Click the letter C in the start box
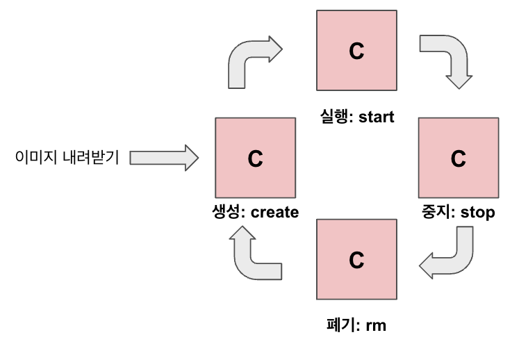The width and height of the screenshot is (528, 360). (x=356, y=51)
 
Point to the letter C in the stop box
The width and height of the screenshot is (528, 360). (x=459, y=158)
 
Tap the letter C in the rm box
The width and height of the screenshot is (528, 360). (x=356, y=259)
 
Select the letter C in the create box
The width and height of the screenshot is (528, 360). (x=255, y=158)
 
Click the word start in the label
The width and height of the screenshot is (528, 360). (x=376, y=117)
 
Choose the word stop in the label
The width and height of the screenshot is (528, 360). (x=478, y=212)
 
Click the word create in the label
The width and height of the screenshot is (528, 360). (x=274, y=212)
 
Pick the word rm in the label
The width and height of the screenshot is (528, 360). (x=376, y=324)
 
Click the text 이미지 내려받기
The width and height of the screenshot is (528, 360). (x=67, y=158)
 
